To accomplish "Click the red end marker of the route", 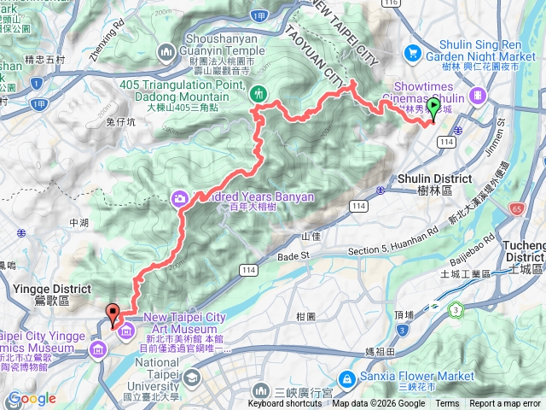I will (112, 313).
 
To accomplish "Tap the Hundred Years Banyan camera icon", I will (180, 198).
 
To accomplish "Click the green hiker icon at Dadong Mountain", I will (259, 92).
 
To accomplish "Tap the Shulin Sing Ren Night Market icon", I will (413, 54).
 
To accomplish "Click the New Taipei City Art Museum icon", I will (126, 330).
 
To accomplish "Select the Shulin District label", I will (435, 179).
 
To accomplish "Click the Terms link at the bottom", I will (447, 404).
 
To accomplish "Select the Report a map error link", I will (506, 404).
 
